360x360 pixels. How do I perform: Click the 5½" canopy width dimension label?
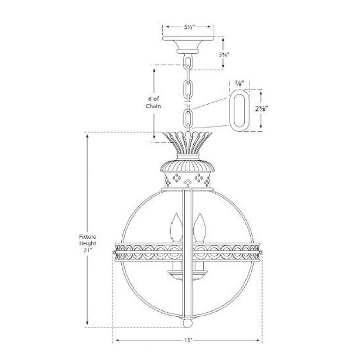pos(189,27)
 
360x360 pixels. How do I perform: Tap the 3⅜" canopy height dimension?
pos(224,55)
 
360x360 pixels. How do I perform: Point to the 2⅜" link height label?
pos(261,109)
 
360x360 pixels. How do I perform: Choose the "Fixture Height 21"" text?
pos(87,243)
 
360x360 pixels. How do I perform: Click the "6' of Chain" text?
pos(153,103)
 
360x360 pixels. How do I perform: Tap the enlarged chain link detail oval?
pos(239,111)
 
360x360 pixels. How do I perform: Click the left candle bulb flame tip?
pos(176,214)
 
